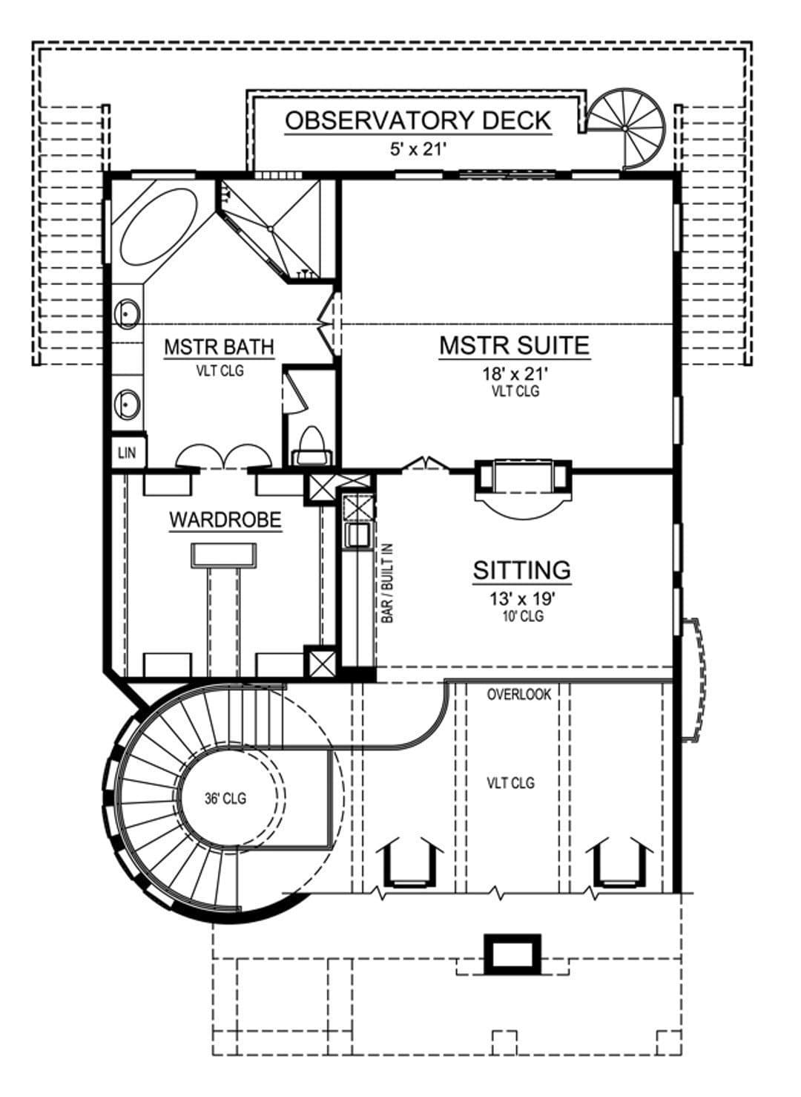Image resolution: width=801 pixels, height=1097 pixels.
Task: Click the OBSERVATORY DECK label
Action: click(418, 120)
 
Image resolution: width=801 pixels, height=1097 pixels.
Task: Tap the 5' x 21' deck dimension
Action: click(418, 149)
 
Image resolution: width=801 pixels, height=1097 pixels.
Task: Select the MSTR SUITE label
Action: click(514, 345)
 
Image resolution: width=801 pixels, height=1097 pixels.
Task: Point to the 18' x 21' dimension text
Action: click(515, 374)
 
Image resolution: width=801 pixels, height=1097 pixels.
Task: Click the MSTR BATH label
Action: click(219, 347)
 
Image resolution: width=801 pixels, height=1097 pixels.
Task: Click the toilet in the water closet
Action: click(311, 445)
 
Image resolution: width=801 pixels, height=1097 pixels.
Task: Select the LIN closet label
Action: click(127, 453)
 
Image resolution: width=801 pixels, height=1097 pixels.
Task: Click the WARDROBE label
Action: click(225, 520)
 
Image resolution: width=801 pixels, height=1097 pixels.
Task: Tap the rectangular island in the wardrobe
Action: click(224, 555)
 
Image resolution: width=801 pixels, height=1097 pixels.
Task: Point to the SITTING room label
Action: click(521, 570)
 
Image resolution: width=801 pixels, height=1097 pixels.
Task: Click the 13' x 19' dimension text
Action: click(522, 598)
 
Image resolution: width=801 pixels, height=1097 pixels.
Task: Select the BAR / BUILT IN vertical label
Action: click(387, 583)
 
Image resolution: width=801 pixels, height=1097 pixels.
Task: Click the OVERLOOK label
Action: click(519, 694)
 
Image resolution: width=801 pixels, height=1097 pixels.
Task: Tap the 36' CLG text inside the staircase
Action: click(225, 799)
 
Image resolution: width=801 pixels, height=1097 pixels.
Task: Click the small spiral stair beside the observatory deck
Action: click(626, 128)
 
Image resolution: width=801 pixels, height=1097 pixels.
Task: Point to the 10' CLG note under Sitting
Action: click(523, 616)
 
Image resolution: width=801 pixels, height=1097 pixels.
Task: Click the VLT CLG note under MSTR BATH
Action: click(220, 370)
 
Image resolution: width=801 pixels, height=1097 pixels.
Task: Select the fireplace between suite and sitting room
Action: click(523, 484)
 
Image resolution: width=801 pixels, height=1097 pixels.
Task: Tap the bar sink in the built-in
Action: click(357, 535)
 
